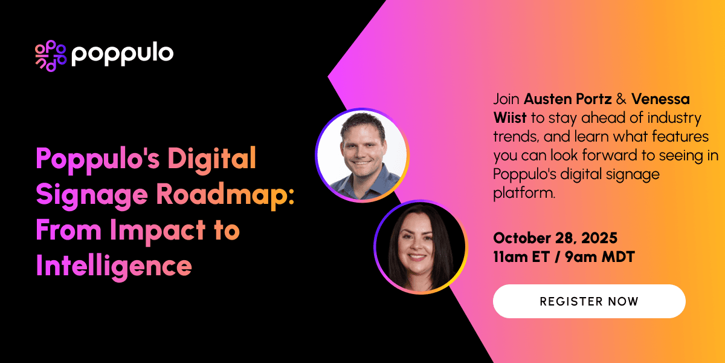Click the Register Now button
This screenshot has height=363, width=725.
[x=589, y=301]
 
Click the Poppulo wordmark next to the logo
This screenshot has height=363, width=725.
[x=122, y=54]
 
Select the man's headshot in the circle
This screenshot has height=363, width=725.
[x=362, y=155]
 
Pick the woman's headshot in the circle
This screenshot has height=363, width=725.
[x=420, y=246]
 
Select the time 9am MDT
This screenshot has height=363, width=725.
[x=601, y=257]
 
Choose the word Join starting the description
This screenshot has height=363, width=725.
[x=506, y=98]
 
